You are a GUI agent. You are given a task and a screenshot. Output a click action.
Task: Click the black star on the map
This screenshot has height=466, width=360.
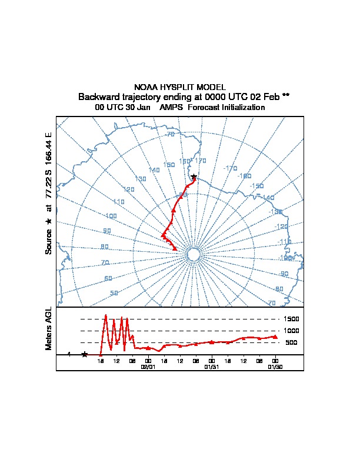[194, 177]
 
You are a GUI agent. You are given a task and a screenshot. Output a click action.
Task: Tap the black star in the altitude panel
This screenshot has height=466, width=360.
[85, 354]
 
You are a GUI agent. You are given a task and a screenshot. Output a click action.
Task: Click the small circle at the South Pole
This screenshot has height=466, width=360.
[192, 254]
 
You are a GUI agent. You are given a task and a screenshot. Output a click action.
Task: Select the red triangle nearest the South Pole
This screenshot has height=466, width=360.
[175, 248]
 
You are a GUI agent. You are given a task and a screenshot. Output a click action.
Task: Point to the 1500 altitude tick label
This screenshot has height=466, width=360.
[292, 319]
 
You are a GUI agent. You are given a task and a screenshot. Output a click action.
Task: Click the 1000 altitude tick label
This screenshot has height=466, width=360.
[292, 331]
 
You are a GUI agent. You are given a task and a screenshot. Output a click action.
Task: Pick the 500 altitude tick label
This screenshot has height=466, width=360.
[291, 342]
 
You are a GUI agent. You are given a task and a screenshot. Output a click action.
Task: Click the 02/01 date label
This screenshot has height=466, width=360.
[148, 367]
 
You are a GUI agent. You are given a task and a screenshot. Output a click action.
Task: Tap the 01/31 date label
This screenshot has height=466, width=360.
[211, 367]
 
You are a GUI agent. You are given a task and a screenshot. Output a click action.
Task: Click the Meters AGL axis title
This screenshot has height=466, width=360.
[49, 328]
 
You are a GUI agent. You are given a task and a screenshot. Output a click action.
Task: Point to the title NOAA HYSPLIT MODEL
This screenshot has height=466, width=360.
[180, 87]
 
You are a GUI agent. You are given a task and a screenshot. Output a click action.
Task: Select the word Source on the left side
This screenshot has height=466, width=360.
[49, 242]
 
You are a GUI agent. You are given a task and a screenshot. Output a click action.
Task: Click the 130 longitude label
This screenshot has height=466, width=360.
[141, 179]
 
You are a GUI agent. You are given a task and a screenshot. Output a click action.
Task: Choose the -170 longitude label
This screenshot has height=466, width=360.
[230, 168]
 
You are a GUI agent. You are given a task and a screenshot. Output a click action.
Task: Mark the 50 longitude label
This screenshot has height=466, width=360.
[114, 292]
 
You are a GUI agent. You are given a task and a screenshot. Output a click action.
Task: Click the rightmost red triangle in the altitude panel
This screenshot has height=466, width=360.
[275, 337]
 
